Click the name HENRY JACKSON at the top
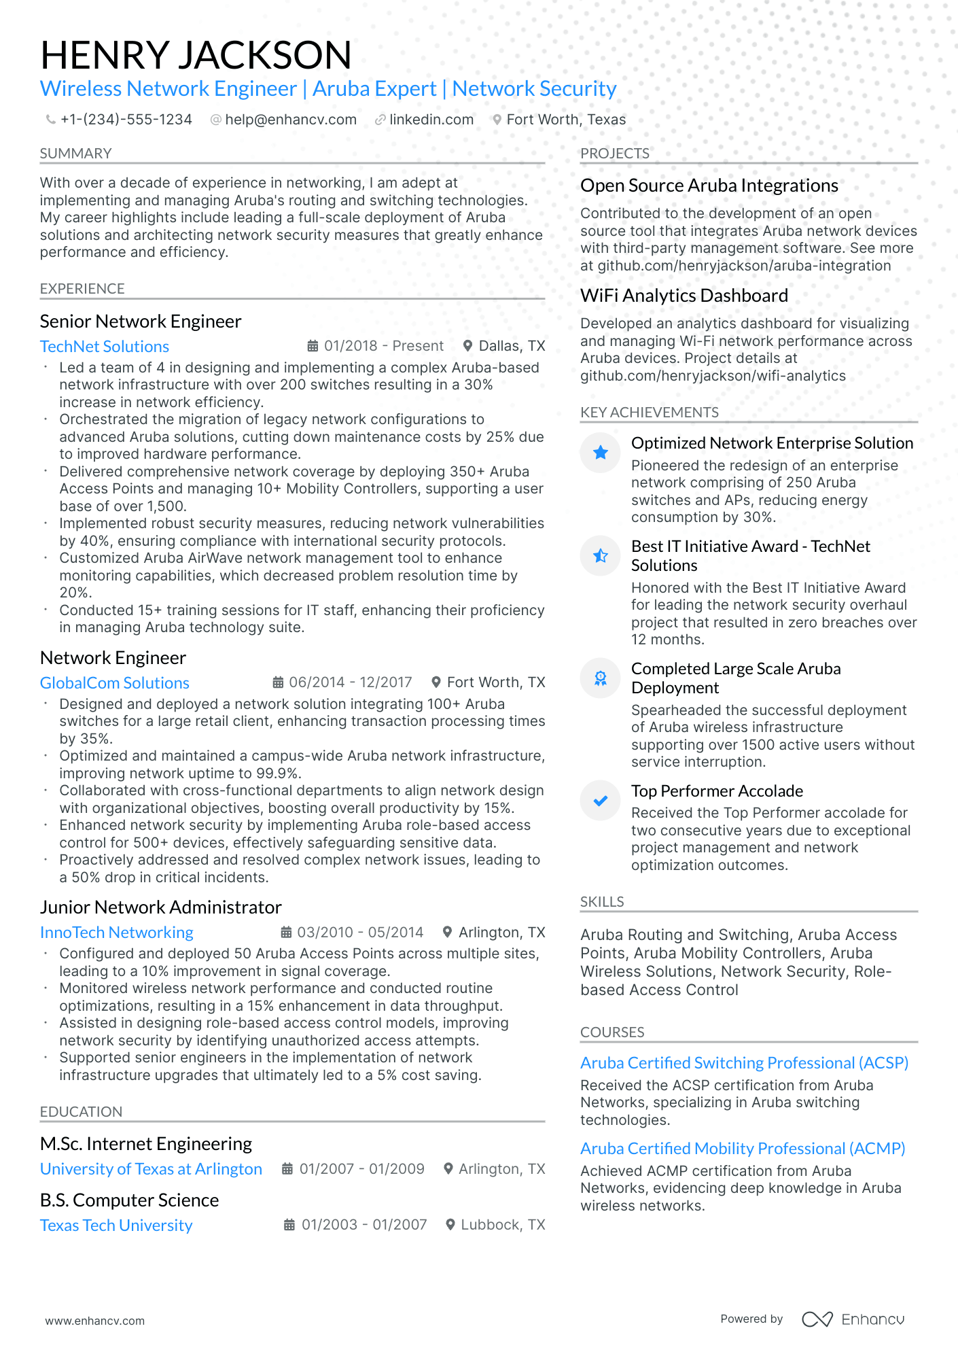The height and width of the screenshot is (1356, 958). [196, 55]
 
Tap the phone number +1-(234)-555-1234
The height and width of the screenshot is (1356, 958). [126, 120]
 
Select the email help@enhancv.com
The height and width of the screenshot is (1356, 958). [290, 120]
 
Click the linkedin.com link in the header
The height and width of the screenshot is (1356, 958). [431, 120]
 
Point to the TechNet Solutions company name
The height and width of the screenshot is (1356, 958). [104, 347]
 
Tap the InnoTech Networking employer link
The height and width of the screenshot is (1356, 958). [116, 933]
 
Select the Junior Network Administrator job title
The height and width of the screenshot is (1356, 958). [160, 907]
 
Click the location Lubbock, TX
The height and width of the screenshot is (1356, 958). [502, 1225]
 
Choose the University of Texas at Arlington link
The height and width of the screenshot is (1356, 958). [151, 1169]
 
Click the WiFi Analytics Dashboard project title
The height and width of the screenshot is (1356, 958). [684, 296]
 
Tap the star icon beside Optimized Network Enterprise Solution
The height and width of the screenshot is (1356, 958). [601, 453]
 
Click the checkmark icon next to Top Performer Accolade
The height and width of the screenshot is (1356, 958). [601, 801]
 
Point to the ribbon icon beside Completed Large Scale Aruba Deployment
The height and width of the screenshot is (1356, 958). [601, 678]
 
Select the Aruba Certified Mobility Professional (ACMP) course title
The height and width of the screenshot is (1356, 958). [742, 1149]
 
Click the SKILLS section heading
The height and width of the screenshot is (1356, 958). [602, 902]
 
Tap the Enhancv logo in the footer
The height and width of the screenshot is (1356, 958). [853, 1319]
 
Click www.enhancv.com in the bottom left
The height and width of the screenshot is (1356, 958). [94, 1321]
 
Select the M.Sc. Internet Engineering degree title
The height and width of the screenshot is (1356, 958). [145, 1144]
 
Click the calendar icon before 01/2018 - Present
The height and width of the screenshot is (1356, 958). [313, 346]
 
